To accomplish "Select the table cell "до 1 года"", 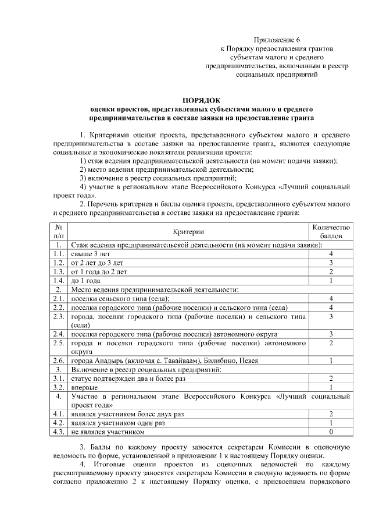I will [85, 280].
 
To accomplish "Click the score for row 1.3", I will [331, 271].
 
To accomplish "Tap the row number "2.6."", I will [59, 360].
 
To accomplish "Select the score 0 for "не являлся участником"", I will [331, 432].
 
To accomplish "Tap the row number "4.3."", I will [59, 432].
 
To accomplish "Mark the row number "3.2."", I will [59, 387].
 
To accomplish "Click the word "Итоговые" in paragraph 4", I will [117, 464].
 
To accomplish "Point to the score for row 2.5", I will [331, 344].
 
